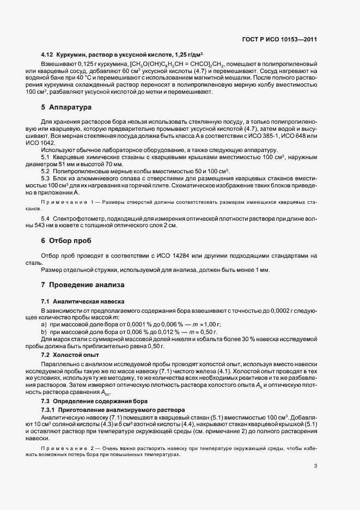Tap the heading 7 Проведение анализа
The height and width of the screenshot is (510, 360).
click(83, 285)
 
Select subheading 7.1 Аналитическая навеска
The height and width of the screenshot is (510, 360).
click(83, 301)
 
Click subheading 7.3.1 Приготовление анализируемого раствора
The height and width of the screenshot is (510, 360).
click(113, 409)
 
